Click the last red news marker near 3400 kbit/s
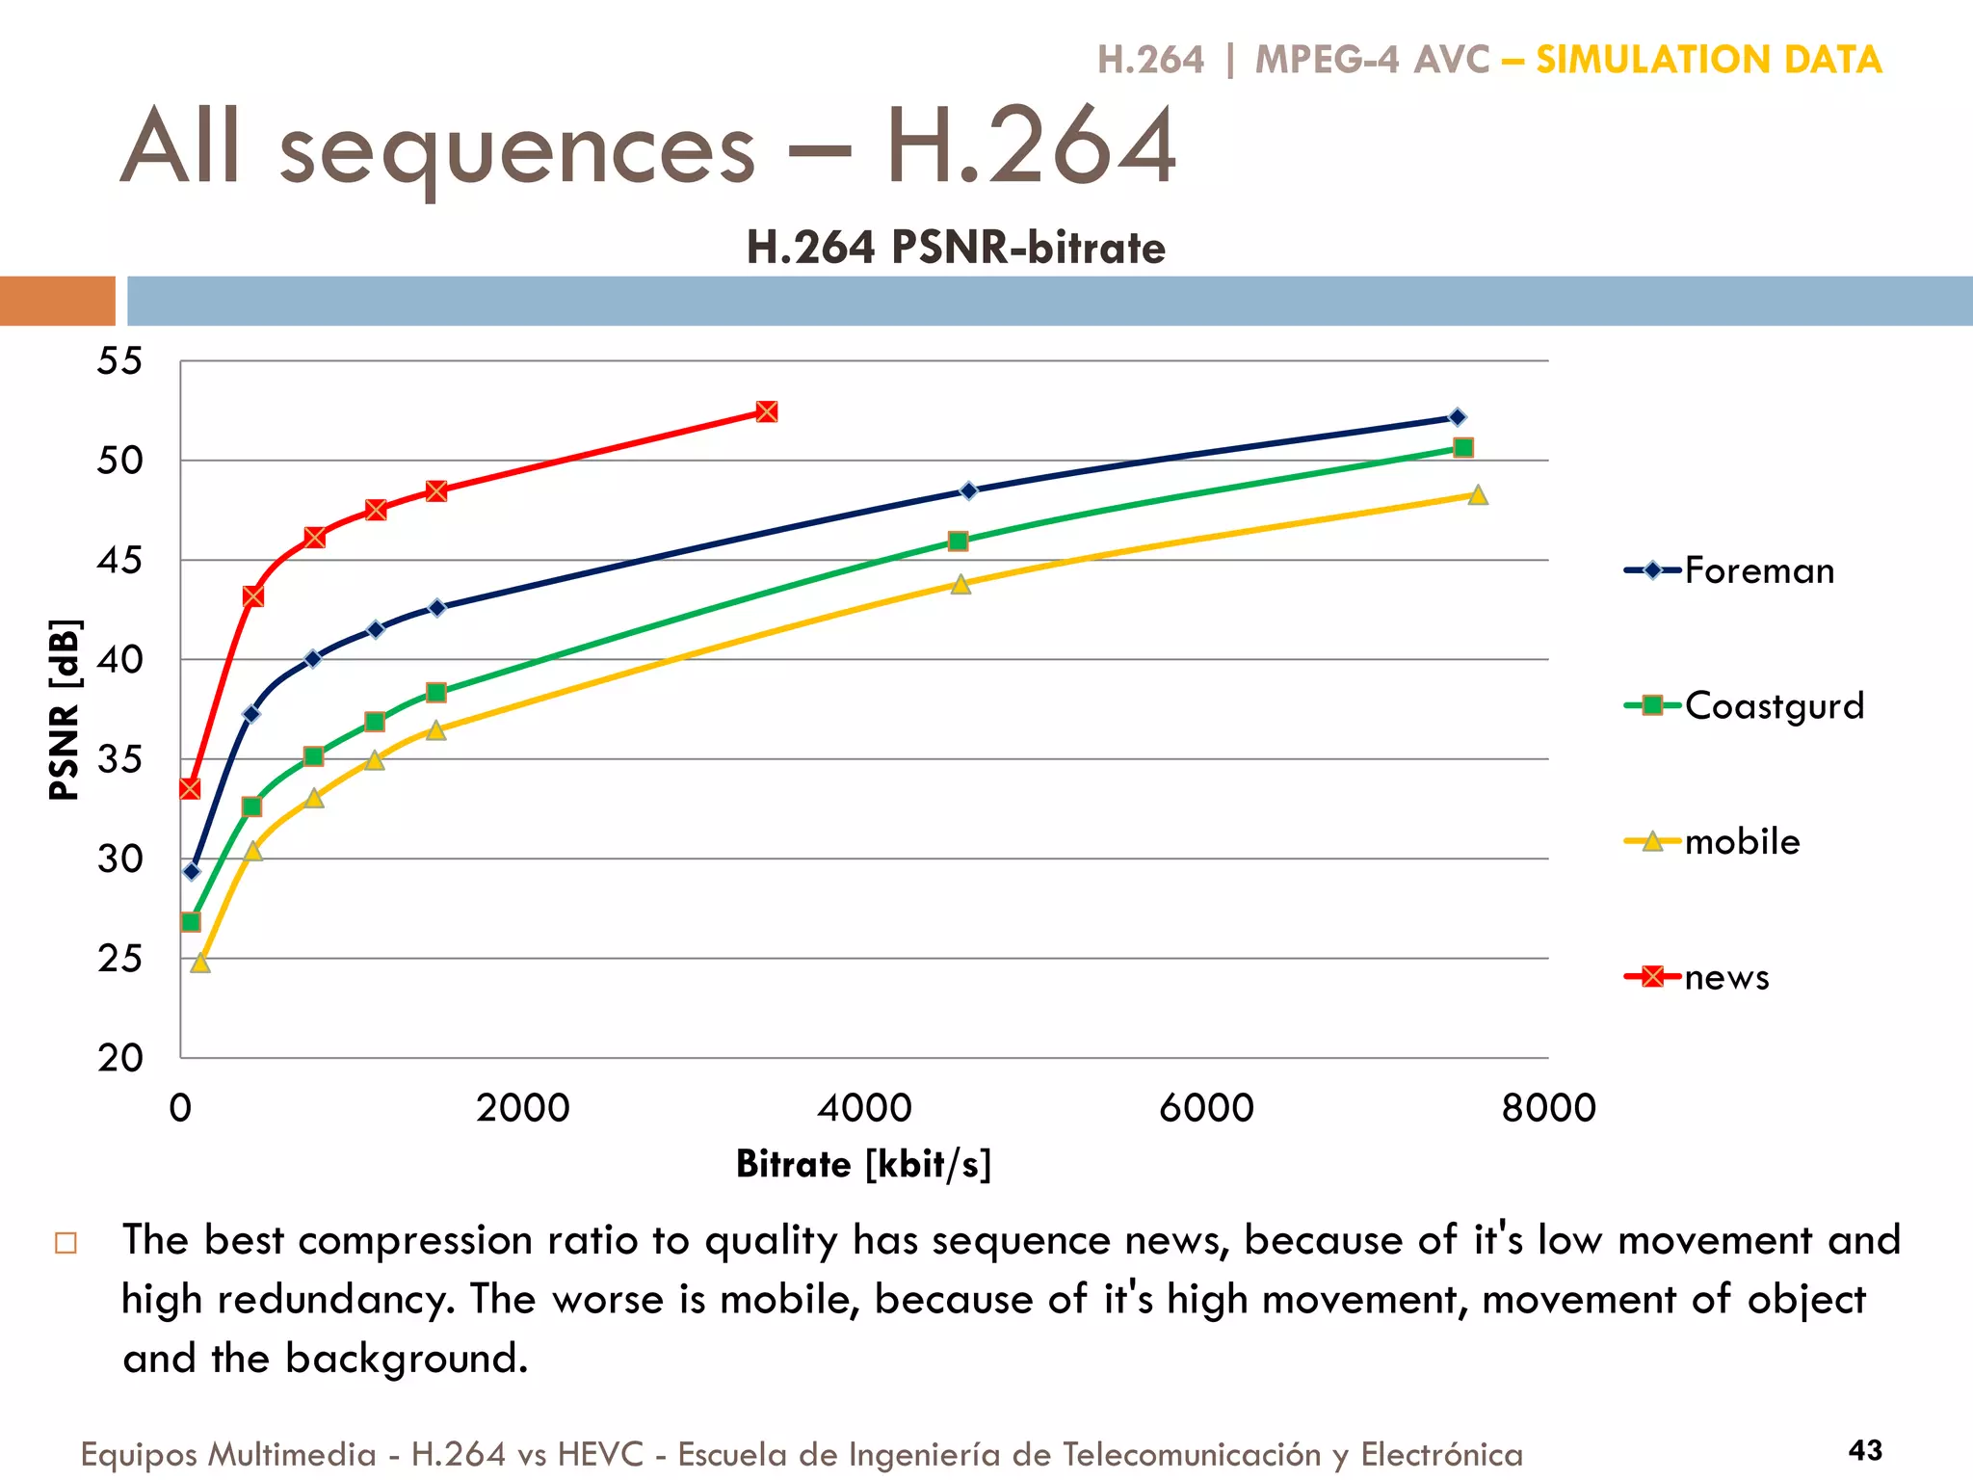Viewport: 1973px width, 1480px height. coord(766,412)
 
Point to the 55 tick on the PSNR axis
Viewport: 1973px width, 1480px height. coord(119,362)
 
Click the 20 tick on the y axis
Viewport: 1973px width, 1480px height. coord(119,1058)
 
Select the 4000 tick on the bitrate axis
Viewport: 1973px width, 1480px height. coord(864,1108)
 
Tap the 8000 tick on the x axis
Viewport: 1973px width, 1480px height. coord(1548,1108)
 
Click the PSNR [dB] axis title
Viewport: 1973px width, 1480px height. coord(65,710)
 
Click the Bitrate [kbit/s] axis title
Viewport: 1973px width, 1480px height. coord(863,1164)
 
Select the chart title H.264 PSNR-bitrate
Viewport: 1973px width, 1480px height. coord(956,248)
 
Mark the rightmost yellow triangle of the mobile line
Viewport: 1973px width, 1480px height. coord(1477,495)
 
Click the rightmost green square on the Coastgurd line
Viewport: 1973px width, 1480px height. coord(1462,448)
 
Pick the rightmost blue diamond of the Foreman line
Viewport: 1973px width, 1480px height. coord(1457,417)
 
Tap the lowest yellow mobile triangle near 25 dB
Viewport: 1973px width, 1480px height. coord(200,963)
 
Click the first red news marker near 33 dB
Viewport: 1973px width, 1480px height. coord(190,789)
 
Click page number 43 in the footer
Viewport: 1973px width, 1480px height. coord(1865,1450)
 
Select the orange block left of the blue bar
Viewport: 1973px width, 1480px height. coord(57,301)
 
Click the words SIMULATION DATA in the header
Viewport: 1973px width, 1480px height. coord(1708,60)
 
